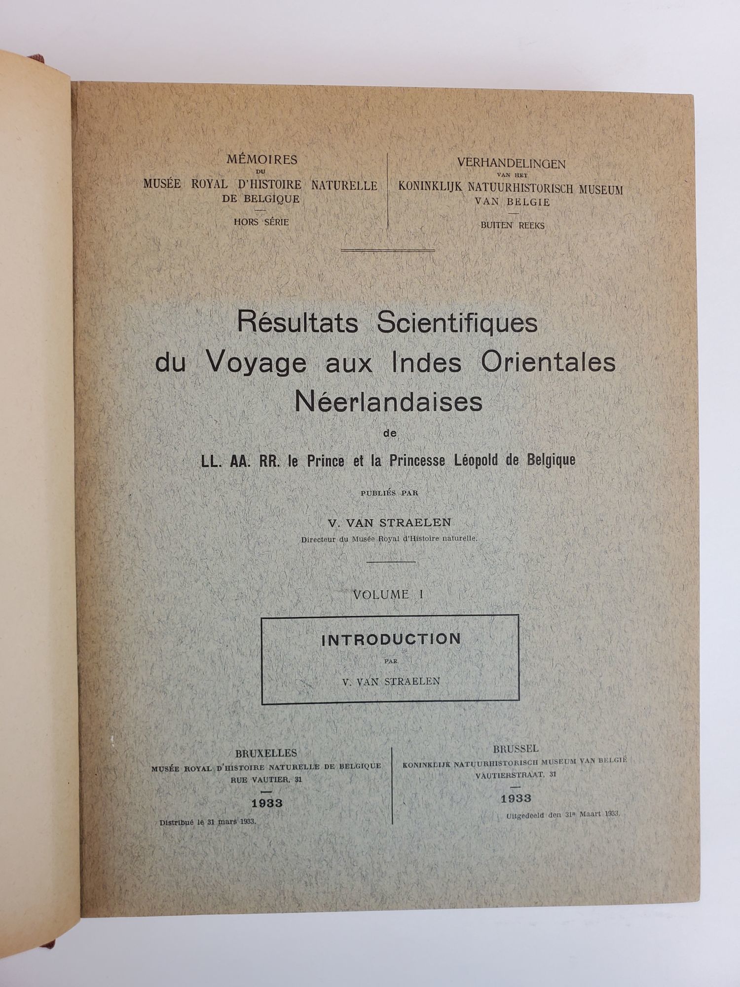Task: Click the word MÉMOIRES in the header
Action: (x=261, y=160)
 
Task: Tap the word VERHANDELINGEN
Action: (x=511, y=164)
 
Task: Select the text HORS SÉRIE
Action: (x=261, y=222)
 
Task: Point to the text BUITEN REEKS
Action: (x=513, y=226)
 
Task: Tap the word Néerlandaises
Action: (x=388, y=402)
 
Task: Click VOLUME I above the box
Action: (x=388, y=595)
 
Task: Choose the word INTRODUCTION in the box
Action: (x=391, y=640)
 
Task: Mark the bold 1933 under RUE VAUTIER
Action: (x=267, y=803)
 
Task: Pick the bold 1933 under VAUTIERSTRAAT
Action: (x=516, y=798)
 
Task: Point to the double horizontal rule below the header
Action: (x=388, y=251)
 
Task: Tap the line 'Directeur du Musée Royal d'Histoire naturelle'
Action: (x=390, y=539)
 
